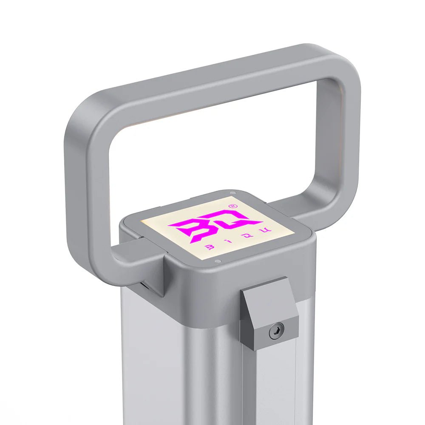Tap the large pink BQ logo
pyautogui.click(x=212, y=227)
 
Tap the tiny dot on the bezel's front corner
pyautogui.click(x=217, y=261)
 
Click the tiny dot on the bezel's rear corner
pyautogui.click(x=232, y=193)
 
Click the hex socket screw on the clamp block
pyautogui.click(x=276, y=330)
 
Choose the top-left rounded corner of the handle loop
pyautogui.click(x=83, y=110)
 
